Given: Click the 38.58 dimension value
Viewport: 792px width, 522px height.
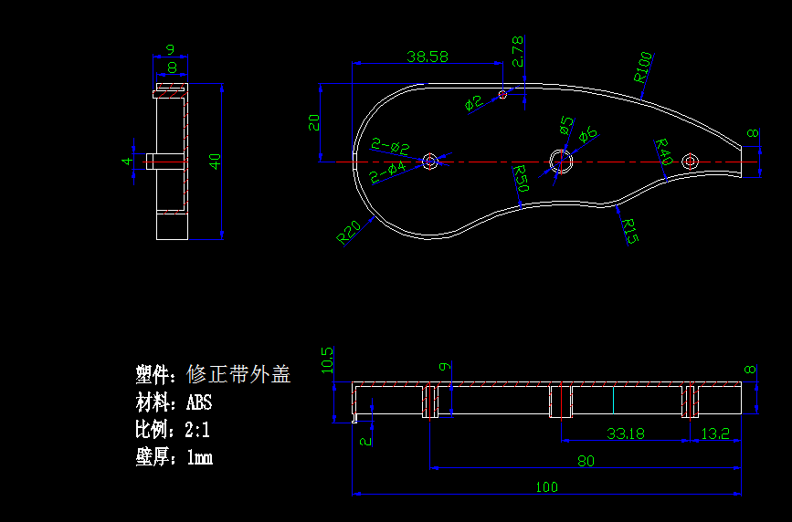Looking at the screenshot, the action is point(428,57).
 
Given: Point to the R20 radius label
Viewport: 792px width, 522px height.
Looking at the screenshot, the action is point(348,233).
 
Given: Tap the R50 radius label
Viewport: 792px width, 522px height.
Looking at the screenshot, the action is point(521,176).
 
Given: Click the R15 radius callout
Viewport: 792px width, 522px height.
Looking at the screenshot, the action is point(628,230).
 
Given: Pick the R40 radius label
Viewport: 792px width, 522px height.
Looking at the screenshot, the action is point(663,151).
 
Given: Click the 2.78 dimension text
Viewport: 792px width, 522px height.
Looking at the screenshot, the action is point(518,52).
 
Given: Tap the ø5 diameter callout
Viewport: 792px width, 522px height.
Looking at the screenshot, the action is point(565,124).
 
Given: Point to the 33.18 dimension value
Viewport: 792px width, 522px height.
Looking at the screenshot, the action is point(626,433).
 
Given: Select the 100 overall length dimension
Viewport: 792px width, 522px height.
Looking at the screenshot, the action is point(545,486).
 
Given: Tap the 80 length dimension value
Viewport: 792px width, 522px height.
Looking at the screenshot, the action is point(586,461).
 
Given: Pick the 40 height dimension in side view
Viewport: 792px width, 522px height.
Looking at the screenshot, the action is point(216,161).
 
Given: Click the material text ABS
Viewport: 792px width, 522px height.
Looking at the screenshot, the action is point(199,402).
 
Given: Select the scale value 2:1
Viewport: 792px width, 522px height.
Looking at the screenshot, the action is point(198,430).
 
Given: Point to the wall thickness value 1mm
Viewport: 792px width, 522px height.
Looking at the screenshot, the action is point(199,457).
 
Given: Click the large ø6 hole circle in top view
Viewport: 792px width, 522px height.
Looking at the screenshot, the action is point(561,162).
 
